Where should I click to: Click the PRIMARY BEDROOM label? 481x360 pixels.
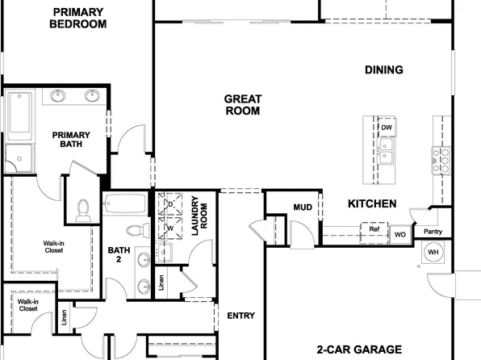tap(77, 18)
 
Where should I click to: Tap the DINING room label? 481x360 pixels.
tap(383, 69)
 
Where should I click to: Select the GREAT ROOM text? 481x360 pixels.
tap(242, 105)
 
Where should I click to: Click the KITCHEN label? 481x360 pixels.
tap(372, 204)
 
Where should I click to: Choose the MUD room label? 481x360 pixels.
tap(303, 207)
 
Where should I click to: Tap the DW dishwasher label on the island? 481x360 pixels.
tap(387, 128)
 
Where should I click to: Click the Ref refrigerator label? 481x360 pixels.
tap(374, 229)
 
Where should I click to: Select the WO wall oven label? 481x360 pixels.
tap(399, 235)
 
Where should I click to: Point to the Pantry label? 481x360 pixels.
tap(433, 232)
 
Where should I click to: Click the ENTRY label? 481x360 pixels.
tap(242, 315)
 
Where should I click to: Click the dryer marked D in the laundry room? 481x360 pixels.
tap(170, 205)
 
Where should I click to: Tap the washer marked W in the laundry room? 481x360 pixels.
tap(170, 228)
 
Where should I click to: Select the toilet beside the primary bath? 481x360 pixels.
tap(81, 211)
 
